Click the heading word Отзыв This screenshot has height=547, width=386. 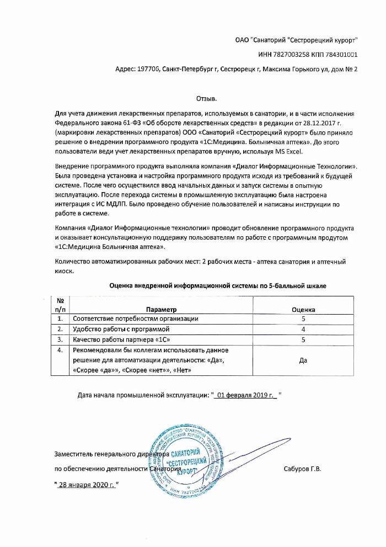click(x=207, y=98)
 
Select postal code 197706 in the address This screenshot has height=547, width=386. click(x=147, y=70)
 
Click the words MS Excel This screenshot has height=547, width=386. click(x=298, y=151)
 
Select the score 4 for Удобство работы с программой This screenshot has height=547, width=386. click(x=303, y=330)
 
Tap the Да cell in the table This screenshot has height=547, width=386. click(x=302, y=360)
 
